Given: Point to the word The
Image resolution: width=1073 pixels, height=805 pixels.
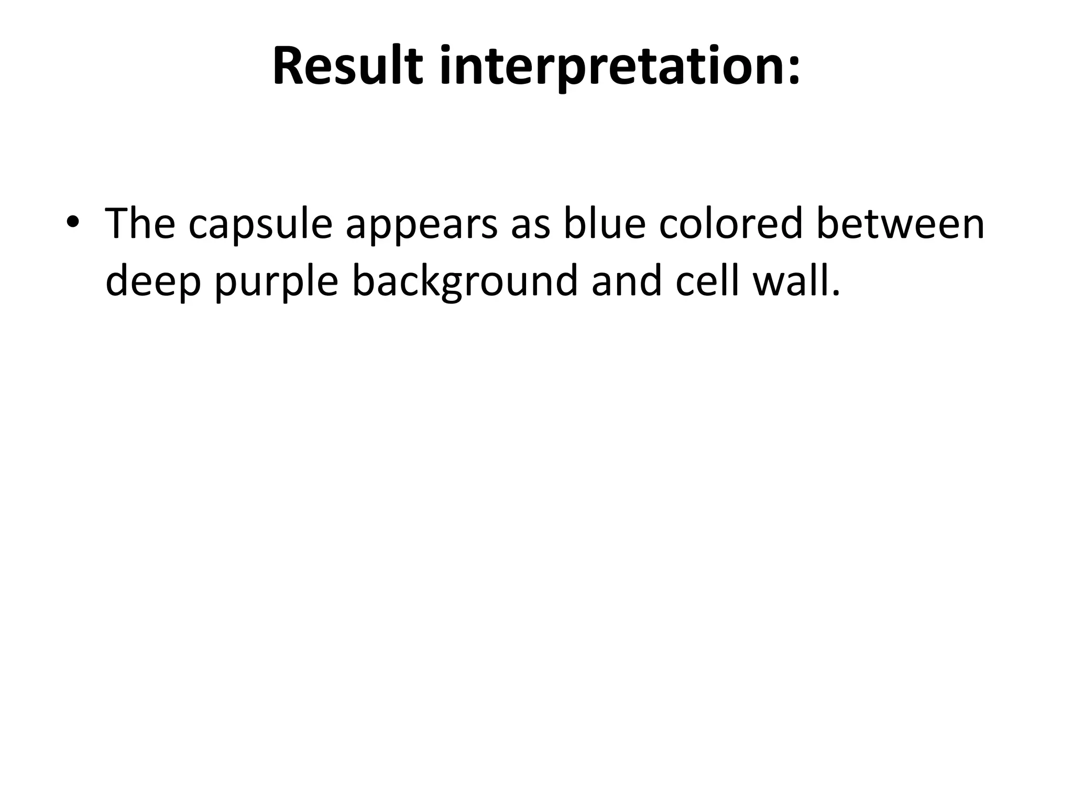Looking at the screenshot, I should [140, 224].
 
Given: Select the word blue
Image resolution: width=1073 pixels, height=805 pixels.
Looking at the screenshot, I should [604, 224].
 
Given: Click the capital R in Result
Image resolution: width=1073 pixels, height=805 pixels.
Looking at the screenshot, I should [287, 66].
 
